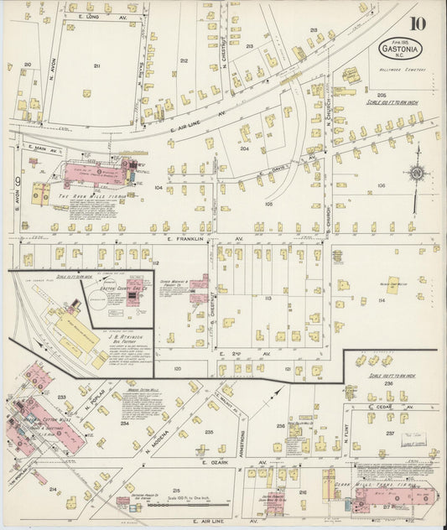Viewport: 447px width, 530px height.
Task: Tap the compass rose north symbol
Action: coord(417,172)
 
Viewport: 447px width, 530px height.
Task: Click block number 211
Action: coord(96,65)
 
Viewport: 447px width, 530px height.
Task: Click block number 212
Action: coord(184,60)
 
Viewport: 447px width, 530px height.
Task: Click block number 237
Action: coord(389,434)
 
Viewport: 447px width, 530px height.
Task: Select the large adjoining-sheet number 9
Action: coord(16,181)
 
